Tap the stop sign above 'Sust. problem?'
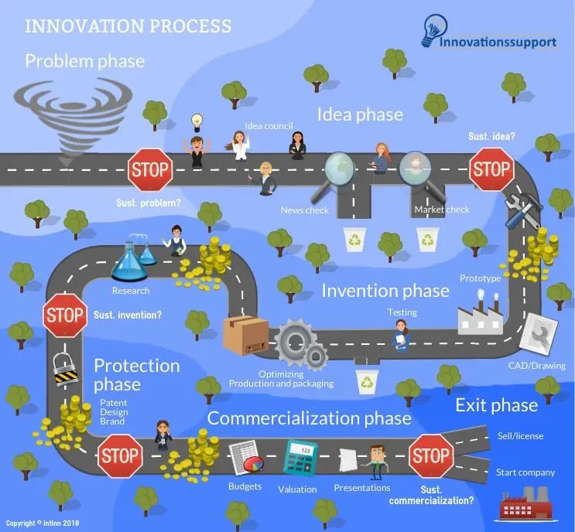[x=149, y=170]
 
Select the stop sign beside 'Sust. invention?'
[x=65, y=315]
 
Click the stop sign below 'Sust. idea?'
[x=491, y=169]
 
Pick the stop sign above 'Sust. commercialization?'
[x=430, y=456]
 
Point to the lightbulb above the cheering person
[x=197, y=122]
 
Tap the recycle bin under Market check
[x=428, y=240]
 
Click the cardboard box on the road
[x=245, y=336]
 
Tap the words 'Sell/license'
[x=519, y=436]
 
